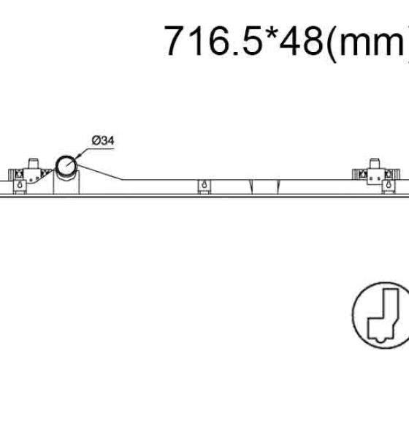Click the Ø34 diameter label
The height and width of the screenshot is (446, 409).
[102, 140]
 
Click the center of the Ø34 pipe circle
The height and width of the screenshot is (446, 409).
[66, 165]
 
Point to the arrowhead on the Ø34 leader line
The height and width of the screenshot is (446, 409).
[78, 156]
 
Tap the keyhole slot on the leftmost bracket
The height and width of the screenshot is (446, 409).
[20, 184]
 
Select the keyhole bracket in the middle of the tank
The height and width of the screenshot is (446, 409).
[204, 186]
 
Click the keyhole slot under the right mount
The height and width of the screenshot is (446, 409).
[389, 184]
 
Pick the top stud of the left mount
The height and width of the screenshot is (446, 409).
[33, 163]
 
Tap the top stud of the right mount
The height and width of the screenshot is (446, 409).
[374, 163]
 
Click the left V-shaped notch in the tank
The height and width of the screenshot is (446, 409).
[251, 187]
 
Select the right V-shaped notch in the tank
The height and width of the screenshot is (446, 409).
[278, 187]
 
